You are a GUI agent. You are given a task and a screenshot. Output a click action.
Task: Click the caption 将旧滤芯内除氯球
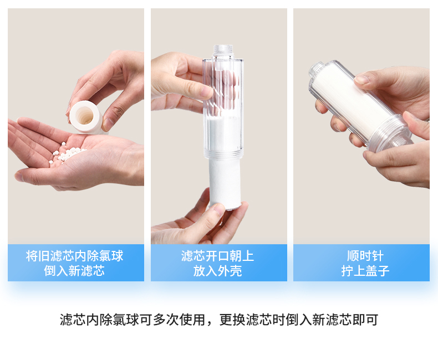(x=74, y=256)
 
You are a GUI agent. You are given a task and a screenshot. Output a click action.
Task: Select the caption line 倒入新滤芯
(x=74, y=271)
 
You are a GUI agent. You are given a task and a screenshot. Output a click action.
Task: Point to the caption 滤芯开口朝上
(x=217, y=256)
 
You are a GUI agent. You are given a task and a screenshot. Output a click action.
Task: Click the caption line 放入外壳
(x=217, y=271)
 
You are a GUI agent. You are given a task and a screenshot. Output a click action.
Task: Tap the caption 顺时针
(x=365, y=256)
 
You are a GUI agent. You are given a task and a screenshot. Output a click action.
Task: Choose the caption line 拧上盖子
(x=365, y=271)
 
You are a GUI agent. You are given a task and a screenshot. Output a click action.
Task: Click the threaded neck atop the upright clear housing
(x=223, y=51)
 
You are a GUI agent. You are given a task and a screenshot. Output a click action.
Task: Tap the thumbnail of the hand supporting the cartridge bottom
(x=220, y=209)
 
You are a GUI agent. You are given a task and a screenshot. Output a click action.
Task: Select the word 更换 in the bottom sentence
(x=232, y=320)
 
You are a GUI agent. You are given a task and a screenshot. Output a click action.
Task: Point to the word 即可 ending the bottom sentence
(x=365, y=320)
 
